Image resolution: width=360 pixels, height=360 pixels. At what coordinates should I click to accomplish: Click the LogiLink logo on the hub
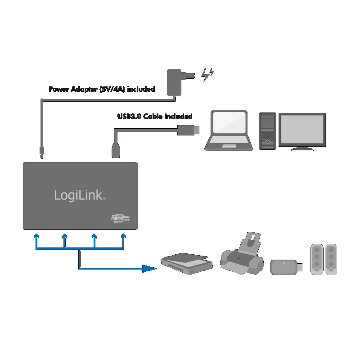tap(80, 195)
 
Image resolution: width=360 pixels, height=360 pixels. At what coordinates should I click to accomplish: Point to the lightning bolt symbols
tap(207, 75)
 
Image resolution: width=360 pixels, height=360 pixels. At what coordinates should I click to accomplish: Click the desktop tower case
tap(267, 131)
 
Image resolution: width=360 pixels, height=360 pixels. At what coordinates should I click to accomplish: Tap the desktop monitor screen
tap(302, 129)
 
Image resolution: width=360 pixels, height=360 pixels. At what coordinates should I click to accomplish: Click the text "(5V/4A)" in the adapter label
tap(112, 89)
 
